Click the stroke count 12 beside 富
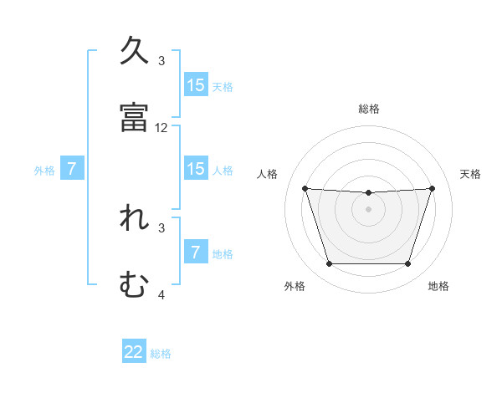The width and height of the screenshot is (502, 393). coord(161,128)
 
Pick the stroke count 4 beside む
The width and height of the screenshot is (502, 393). coord(161,294)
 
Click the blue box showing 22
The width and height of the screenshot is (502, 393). coord(134,352)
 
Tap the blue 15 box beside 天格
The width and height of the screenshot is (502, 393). coord(196,85)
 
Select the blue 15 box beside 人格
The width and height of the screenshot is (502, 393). coord(196,169)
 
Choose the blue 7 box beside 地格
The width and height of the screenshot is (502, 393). coord(196,252)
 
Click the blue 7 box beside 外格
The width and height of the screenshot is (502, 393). coord(72,169)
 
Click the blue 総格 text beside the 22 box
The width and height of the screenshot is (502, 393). coord(161,354)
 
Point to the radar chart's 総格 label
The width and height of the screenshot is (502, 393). coord(369,109)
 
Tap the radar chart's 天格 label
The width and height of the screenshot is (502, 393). coord(471,174)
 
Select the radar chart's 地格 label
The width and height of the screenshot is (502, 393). coord(438,286)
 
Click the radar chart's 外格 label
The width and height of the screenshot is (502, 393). coord(295,286)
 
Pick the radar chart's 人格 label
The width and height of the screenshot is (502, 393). coord(268,174)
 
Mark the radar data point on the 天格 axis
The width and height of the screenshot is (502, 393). coord(432,188)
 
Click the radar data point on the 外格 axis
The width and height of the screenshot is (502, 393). coord(329,264)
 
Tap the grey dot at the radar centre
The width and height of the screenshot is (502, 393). coord(368,208)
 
